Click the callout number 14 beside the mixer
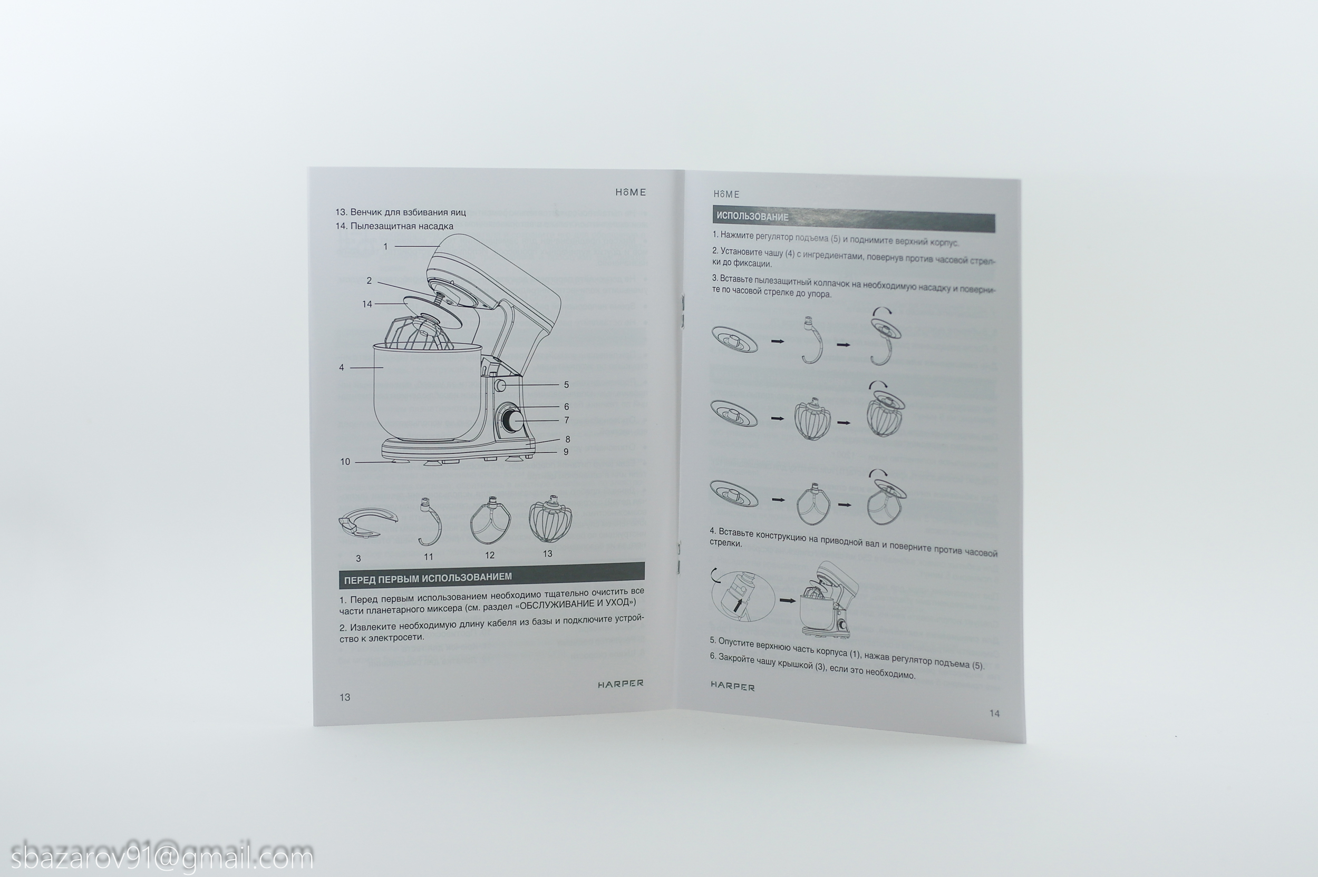pyautogui.click(x=367, y=304)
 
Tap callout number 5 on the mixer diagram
pyautogui.click(x=566, y=385)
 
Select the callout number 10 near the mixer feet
pyautogui.click(x=345, y=462)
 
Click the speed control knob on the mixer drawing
pyautogui.click(x=512, y=420)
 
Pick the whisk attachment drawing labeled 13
pyautogui.click(x=550, y=519)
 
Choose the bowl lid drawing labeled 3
pyautogui.click(x=367, y=522)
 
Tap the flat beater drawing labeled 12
pyautogui.click(x=490, y=521)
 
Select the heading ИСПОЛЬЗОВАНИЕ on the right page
pyautogui.click(x=752, y=217)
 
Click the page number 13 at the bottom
pyautogui.click(x=345, y=697)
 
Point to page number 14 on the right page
pyautogui.click(x=994, y=713)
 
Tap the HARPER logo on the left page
pyautogui.click(x=621, y=684)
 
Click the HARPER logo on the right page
pyautogui.click(x=732, y=686)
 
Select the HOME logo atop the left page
pyautogui.click(x=631, y=192)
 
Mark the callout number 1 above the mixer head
pyautogui.click(x=385, y=246)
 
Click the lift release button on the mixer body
pyautogui.click(x=500, y=385)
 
